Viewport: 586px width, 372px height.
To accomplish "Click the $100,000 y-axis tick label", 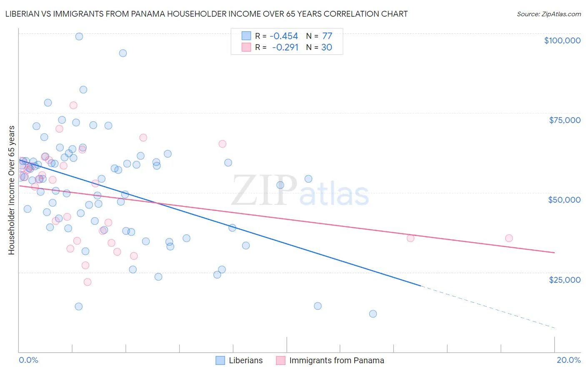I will [x=562, y=40].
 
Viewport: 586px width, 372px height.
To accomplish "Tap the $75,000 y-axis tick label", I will [x=565, y=120].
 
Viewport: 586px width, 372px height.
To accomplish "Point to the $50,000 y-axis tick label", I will [x=564, y=200].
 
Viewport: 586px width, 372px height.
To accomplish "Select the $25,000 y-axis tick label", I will [x=565, y=280].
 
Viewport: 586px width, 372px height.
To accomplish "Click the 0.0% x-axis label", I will [x=28, y=360].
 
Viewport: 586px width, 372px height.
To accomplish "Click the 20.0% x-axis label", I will [x=568, y=360].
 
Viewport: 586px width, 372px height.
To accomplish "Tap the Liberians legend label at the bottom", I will [x=245, y=360].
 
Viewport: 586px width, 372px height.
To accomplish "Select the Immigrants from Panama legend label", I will [x=336, y=360].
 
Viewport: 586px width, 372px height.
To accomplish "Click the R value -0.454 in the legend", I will [x=284, y=36].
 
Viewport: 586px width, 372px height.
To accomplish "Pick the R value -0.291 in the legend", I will [x=285, y=48].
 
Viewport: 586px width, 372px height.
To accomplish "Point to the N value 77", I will [x=327, y=36].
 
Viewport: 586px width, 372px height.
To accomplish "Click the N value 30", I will [x=327, y=48].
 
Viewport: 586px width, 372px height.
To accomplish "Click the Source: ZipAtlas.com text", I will [x=548, y=14].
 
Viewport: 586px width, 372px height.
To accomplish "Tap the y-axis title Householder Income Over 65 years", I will [x=12, y=190].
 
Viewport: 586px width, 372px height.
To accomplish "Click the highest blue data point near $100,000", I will [x=79, y=37].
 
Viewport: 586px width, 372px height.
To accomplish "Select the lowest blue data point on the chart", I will [x=373, y=314].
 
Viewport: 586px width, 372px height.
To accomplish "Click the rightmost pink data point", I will [x=509, y=238].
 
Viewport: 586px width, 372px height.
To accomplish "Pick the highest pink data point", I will [x=73, y=105].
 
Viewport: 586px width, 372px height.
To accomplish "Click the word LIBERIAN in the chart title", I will [x=24, y=14].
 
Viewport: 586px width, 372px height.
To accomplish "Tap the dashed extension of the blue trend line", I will [x=488, y=307].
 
